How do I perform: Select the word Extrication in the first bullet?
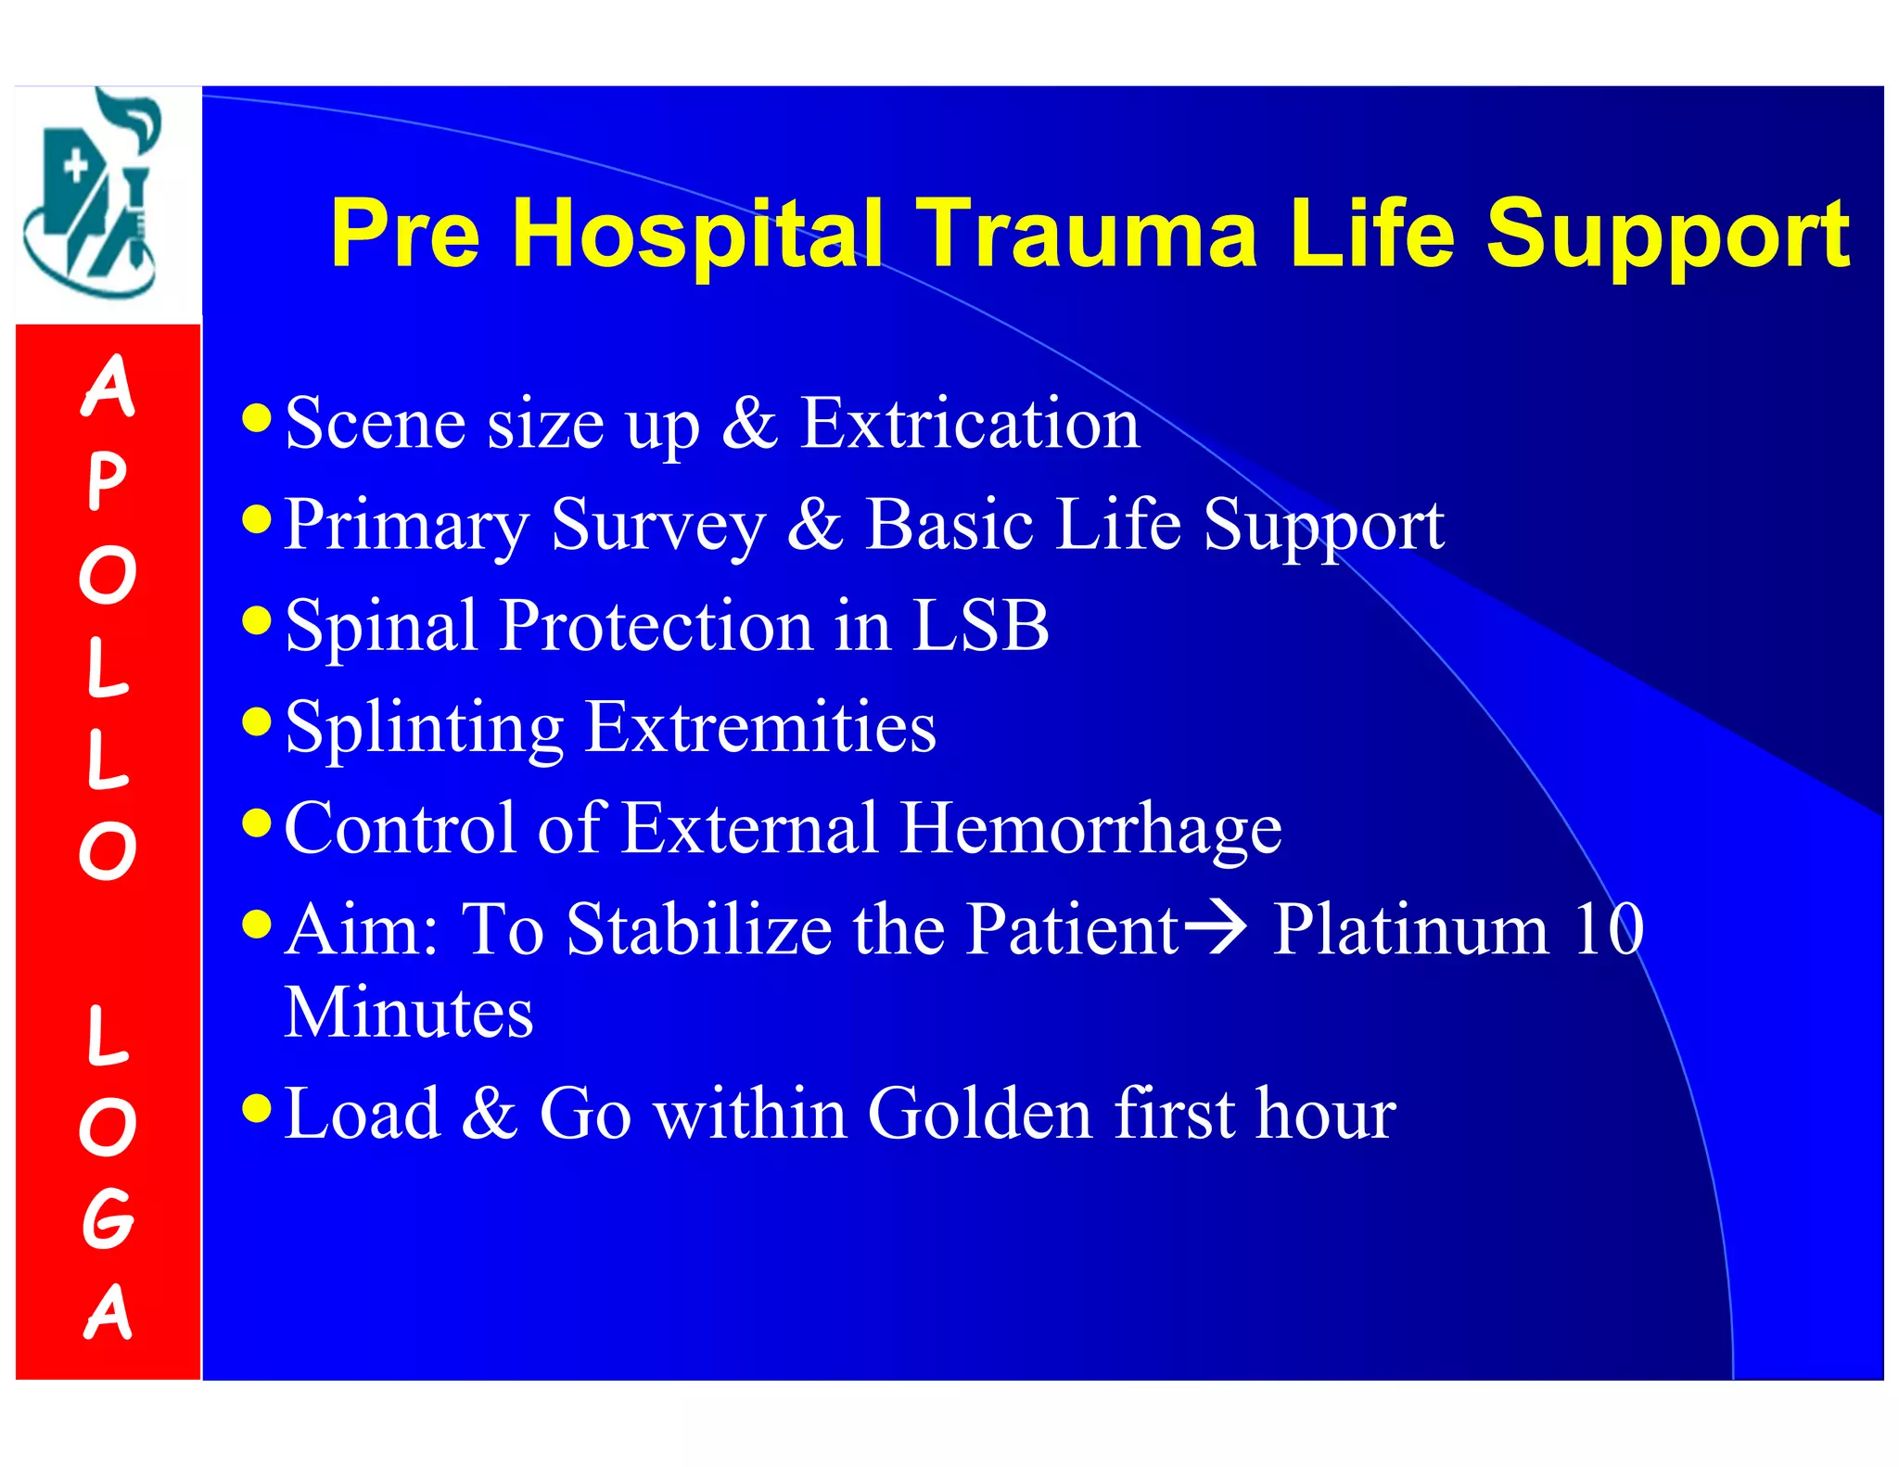coord(969,424)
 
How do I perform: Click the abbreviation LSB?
coord(980,625)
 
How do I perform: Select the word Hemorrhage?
coord(1090,827)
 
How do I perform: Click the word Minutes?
coord(408,1012)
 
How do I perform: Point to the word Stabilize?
coord(699,928)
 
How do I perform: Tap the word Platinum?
coord(1409,928)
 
